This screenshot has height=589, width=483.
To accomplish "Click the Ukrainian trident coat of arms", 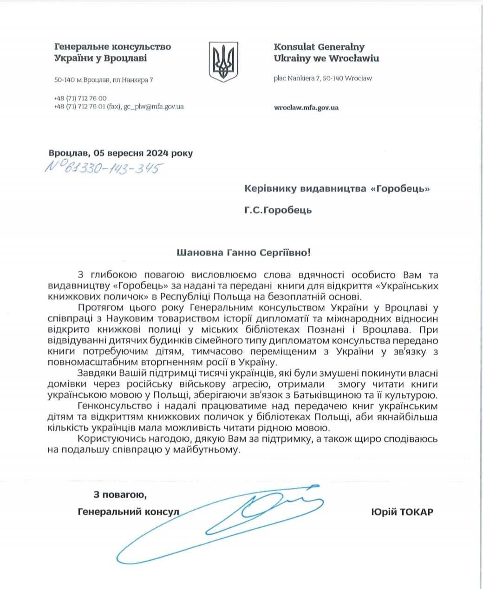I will pyautogui.click(x=222, y=62).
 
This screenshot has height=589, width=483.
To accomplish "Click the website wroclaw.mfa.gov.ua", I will pyautogui.click(x=306, y=108).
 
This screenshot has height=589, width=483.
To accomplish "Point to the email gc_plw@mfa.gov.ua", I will pyautogui.click(x=153, y=107).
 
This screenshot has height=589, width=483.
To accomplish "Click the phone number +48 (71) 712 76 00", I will pyautogui.click(x=80, y=98).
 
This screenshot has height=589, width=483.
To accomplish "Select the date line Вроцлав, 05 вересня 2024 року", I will pyautogui.click(x=120, y=153).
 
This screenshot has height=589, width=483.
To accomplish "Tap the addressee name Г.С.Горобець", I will pyautogui.click(x=278, y=210).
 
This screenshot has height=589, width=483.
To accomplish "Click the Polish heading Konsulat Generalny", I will pyautogui.click(x=319, y=47).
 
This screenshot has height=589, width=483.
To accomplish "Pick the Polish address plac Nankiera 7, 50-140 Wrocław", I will pyautogui.click(x=323, y=78).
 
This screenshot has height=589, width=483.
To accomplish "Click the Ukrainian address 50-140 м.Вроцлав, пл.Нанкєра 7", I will pyautogui.click(x=104, y=80).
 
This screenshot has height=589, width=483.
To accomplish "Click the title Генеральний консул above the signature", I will pyautogui.click(x=129, y=512).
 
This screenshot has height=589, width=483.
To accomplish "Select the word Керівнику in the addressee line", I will pyautogui.click(x=269, y=188).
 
